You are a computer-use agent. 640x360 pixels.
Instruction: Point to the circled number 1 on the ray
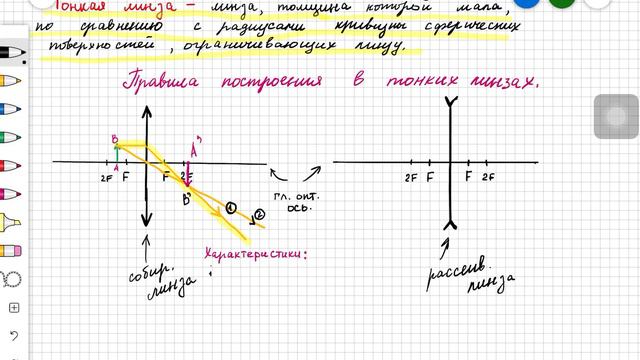click(230, 208)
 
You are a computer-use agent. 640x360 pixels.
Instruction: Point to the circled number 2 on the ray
click(260, 214)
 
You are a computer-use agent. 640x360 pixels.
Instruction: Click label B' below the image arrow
click(186, 201)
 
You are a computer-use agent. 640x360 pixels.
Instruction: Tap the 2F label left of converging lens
click(106, 177)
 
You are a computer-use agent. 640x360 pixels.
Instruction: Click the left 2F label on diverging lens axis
click(411, 176)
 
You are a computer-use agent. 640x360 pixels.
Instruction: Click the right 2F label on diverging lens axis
click(488, 176)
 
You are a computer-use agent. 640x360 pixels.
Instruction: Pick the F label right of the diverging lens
click(468, 176)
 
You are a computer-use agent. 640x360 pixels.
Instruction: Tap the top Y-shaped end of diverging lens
click(452, 101)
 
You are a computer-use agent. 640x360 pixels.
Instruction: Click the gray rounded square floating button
click(616, 118)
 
